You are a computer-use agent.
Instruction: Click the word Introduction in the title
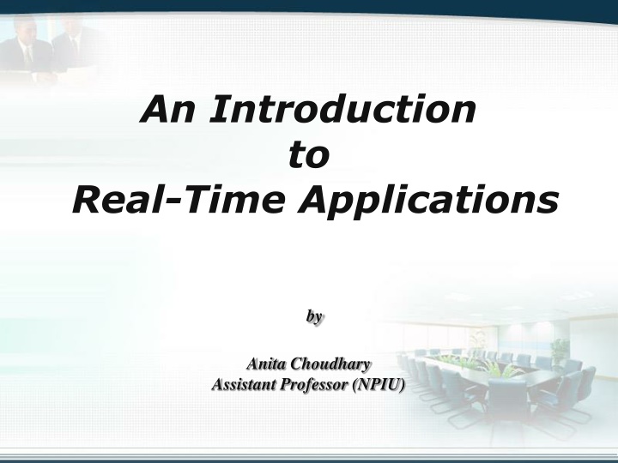click(342, 109)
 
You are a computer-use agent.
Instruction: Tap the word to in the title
click(309, 154)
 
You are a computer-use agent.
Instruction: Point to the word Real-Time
click(178, 199)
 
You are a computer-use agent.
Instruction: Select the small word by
click(314, 316)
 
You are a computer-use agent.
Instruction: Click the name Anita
click(266, 364)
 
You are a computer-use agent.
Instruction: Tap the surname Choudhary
click(331, 364)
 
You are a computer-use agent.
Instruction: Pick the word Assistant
click(243, 384)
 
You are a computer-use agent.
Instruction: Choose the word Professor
click(314, 385)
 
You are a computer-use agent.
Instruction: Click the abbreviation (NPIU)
click(379, 385)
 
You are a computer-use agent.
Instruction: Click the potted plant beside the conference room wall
click(560, 352)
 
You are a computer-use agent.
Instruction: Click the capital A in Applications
click(314, 199)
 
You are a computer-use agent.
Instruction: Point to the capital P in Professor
click(286, 385)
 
